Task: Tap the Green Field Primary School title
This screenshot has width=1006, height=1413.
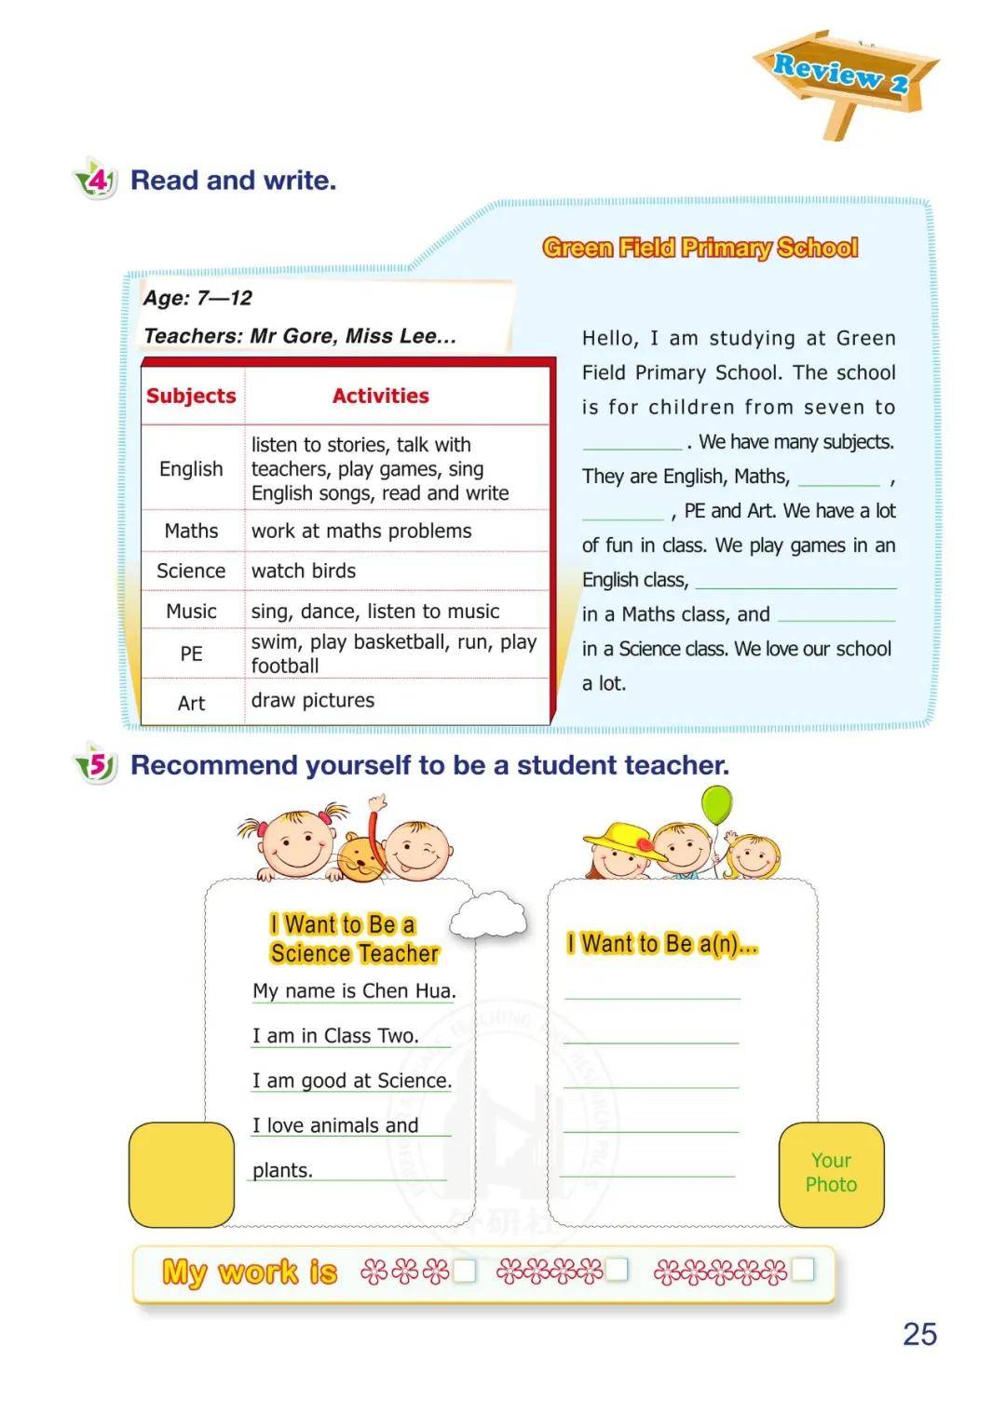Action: coord(700,248)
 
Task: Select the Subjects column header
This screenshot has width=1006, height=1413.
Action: coord(191,396)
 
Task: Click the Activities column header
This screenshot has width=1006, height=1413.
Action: coord(380,396)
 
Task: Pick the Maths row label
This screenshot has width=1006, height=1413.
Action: coord(191,531)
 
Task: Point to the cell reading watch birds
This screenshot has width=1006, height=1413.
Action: coord(304,571)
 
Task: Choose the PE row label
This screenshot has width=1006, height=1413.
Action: coord(191,653)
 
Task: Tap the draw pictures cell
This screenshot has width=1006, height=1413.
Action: coord(313,700)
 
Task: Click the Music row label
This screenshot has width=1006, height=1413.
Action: coord(191,611)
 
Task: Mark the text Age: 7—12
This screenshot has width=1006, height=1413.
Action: coord(197,298)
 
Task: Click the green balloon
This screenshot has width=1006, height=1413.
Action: coord(716,804)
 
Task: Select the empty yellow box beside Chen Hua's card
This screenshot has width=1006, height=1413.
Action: coord(182,1174)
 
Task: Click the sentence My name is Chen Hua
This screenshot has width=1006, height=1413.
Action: coord(354,990)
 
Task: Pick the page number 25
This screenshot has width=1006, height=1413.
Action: coord(919,1334)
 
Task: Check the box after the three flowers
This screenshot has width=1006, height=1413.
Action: coord(464,1271)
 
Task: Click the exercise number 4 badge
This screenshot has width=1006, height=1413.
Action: coord(97,179)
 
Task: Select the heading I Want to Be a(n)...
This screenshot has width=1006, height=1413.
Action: coord(662,944)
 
